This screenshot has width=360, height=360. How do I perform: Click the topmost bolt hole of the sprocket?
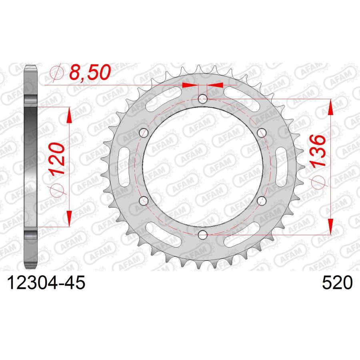click(x=202, y=98)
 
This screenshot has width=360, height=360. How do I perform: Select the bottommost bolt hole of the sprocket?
click(x=202, y=234)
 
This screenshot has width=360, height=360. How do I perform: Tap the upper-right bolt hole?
click(x=262, y=132)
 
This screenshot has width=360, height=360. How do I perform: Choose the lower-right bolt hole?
click(x=262, y=200)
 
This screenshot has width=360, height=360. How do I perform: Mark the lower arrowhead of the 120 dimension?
click(x=69, y=218)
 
